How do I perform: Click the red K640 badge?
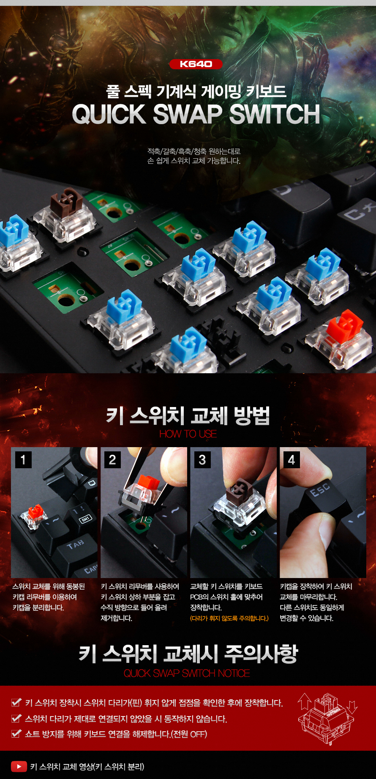[196, 64]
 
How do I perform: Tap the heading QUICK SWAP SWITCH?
[196, 114]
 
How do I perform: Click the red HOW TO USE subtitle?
[188, 434]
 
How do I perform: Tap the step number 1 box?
[23, 460]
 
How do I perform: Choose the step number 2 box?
[112, 460]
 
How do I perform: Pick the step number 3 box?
[202, 460]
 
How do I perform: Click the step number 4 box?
[292, 460]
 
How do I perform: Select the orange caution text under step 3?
[229, 619]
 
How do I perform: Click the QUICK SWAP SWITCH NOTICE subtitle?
[187, 673]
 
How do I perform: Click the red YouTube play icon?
[19, 766]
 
